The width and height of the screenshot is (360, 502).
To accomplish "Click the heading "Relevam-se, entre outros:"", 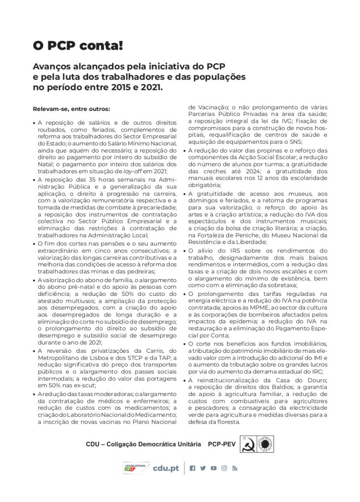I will pyautogui.click(x=71, y=108).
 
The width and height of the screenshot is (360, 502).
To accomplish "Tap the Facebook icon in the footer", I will pyautogui.click(x=192, y=468).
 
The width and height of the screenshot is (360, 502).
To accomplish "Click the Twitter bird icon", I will pyautogui.click(x=203, y=468).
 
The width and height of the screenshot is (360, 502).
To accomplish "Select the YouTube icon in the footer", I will pyautogui.click(x=213, y=468).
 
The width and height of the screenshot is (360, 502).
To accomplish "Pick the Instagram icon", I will pyautogui.click(x=224, y=468).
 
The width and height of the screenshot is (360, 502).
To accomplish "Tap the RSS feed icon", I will pyautogui.click(x=234, y=468).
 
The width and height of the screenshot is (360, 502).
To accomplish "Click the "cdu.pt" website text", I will pyautogui.click(x=166, y=469).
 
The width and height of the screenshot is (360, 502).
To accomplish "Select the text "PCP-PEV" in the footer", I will pyautogui.click(x=222, y=444).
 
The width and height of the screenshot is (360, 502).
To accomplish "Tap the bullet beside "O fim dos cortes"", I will pyautogui.click(x=34, y=243).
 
